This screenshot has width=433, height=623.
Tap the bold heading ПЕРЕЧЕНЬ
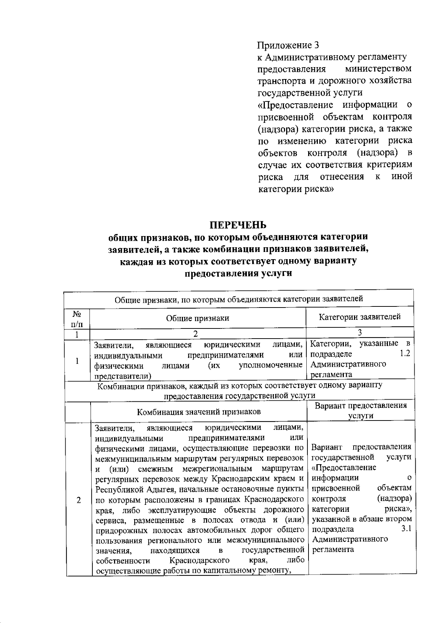(x=239, y=225)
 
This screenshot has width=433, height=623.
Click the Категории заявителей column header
(x=360, y=317)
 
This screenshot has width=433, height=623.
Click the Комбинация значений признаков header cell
(x=198, y=412)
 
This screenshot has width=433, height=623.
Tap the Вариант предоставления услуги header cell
(x=360, y=410)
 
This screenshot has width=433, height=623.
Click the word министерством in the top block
(x=378, y=69)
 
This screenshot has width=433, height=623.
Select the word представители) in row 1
(x=122, y=376)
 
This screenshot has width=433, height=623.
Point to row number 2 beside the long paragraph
(x=78, y=500)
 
